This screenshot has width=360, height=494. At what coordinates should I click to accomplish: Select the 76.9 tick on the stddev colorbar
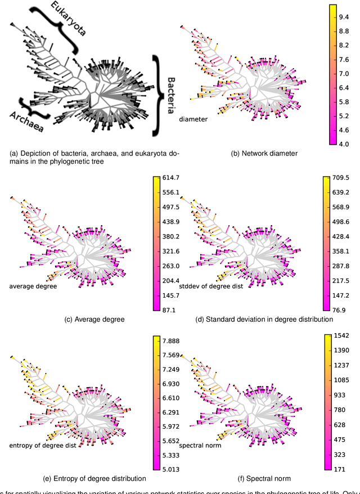[x=341, y=310]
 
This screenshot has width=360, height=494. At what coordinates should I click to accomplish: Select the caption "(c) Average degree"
[x=94, y=319]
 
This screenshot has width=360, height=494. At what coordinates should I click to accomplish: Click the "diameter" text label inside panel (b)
[x=194, y=119]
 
